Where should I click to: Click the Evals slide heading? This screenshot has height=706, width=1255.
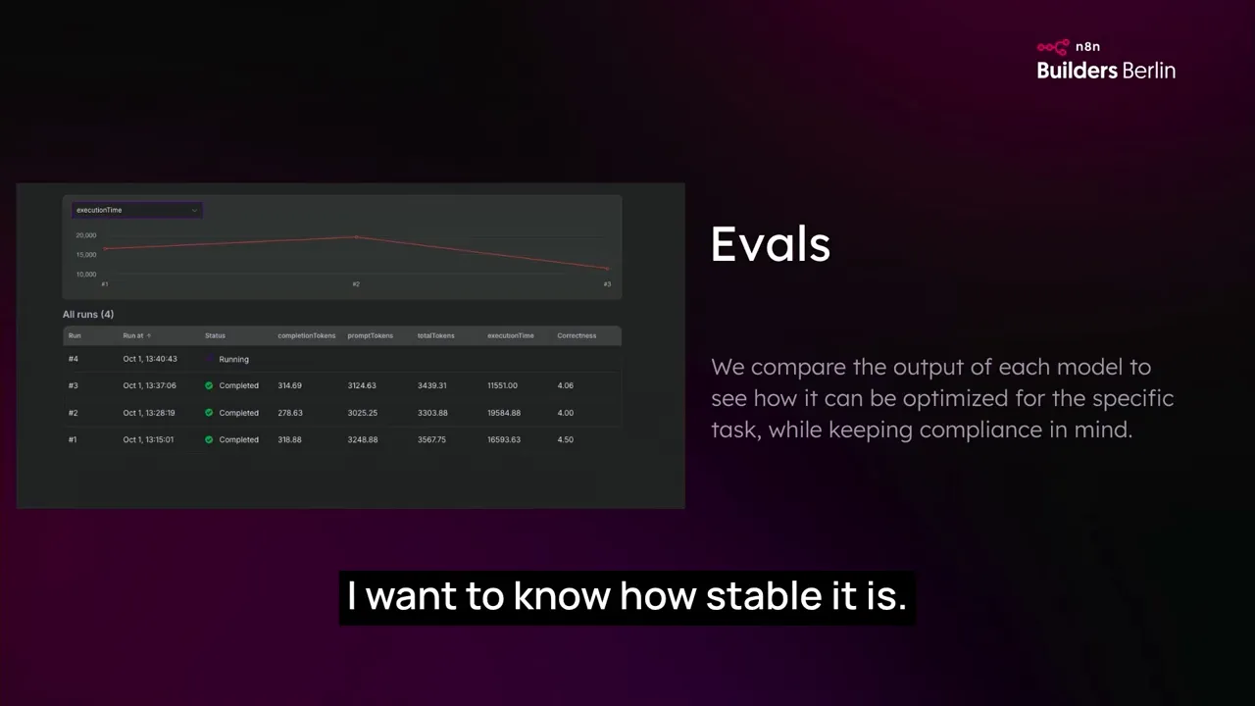tap(771, 244)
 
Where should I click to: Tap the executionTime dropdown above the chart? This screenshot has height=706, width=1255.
tap(137, 210)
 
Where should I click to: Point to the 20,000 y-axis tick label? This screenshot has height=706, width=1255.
tap(86, 235)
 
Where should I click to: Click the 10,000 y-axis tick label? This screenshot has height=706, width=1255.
tap(86, 275)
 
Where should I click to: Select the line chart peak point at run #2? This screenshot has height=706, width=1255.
tap(356, 236)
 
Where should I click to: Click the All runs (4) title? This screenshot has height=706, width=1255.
tap(88, 314)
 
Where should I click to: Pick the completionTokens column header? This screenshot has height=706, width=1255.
tap(306, 335)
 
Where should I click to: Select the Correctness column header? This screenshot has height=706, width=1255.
tap(577, 335)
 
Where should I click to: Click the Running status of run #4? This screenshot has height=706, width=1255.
tap(233, 359)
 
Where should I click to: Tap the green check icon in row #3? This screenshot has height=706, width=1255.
tap(209, 385)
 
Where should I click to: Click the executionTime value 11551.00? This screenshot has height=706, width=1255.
tap(502, 385)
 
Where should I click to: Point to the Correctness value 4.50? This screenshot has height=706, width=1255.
tap(565, 439)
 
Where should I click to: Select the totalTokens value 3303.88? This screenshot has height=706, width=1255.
tap(432, 413)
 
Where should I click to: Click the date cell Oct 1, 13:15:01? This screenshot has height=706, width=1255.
tap(148, 439)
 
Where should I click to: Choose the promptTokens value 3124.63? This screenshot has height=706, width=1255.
tap(362, 385)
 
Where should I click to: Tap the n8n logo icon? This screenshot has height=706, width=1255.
tap(1053, 46)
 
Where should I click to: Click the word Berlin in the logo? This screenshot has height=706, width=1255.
tap(1149, 71)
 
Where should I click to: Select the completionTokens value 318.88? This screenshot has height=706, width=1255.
tap(289, 439)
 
